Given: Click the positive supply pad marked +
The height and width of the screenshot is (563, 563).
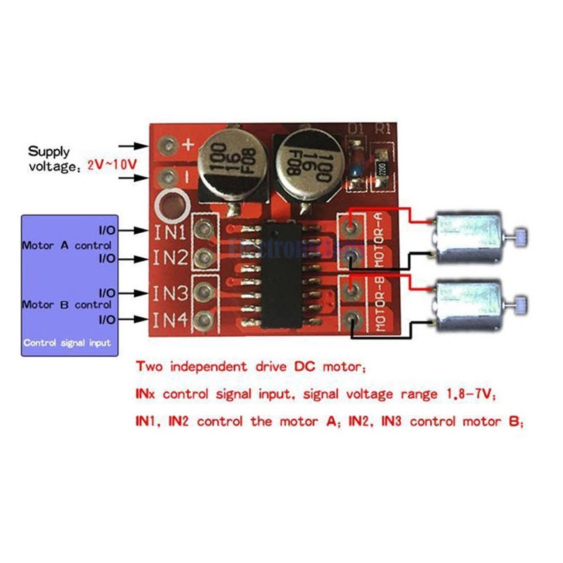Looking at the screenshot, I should point(169,146).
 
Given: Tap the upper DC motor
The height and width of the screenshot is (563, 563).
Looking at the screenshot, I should point(466,237).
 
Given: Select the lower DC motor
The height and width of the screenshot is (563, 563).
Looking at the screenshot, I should point(466,302).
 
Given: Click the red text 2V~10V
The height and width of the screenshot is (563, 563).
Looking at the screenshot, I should point(112,164).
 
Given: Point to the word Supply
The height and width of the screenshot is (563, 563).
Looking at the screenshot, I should point(49,151).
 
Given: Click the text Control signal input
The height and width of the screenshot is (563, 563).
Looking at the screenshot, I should point(67,343).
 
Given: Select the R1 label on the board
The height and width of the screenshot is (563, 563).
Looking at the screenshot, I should point(384,130).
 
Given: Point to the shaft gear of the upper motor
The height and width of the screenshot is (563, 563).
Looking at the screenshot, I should point(521,235).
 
